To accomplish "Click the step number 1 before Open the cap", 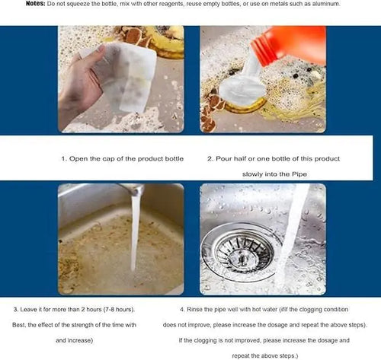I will pyautogui.click(x=63, y=159).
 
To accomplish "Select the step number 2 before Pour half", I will pyautogui.click(x=210, y=159).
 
